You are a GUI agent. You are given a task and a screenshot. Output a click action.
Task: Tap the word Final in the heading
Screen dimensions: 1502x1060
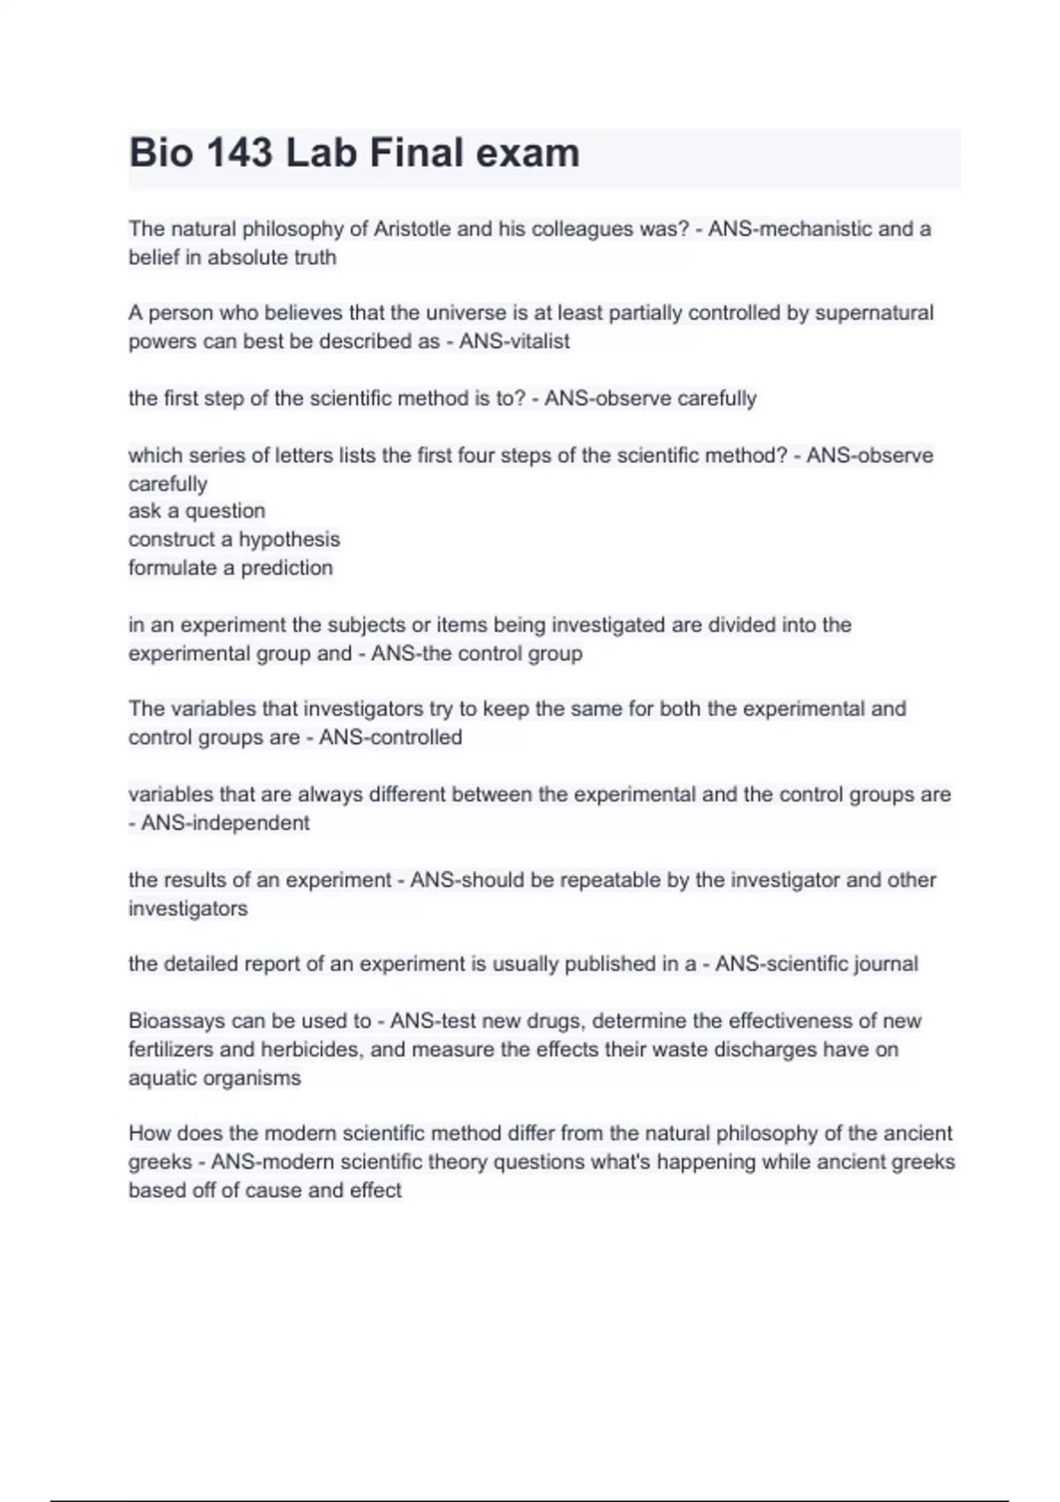click(416, 153)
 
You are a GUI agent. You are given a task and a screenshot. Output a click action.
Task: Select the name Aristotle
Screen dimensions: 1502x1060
click(412, 229)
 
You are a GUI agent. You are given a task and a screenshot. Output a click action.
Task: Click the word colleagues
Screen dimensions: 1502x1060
click(587, 229)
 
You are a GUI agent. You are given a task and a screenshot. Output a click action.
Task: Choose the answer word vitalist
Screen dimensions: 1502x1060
click(536, 341)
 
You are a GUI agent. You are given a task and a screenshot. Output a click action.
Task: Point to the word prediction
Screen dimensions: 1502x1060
click(286, 567)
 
